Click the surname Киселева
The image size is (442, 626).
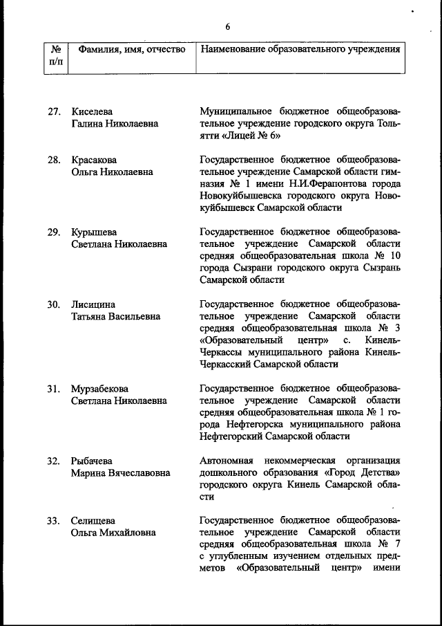(x=92, y=111)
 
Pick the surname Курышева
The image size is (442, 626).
(x=95, y=232)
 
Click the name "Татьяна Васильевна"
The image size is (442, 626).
(x=115, y=316)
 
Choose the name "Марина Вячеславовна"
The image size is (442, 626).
(x=121, y=472)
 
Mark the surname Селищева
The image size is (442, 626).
(x=93, y=521)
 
